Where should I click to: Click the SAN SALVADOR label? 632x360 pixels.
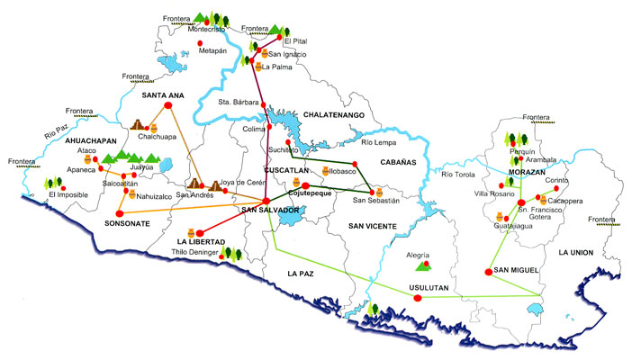coord(270,211)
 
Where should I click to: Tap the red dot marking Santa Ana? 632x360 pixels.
coord(168,106)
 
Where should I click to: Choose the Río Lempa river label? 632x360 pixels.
coord(379,142)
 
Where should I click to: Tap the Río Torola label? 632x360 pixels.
coord(458,174)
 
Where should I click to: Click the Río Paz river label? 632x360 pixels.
coord(55,134)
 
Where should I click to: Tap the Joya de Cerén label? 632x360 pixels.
coord(245,182)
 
